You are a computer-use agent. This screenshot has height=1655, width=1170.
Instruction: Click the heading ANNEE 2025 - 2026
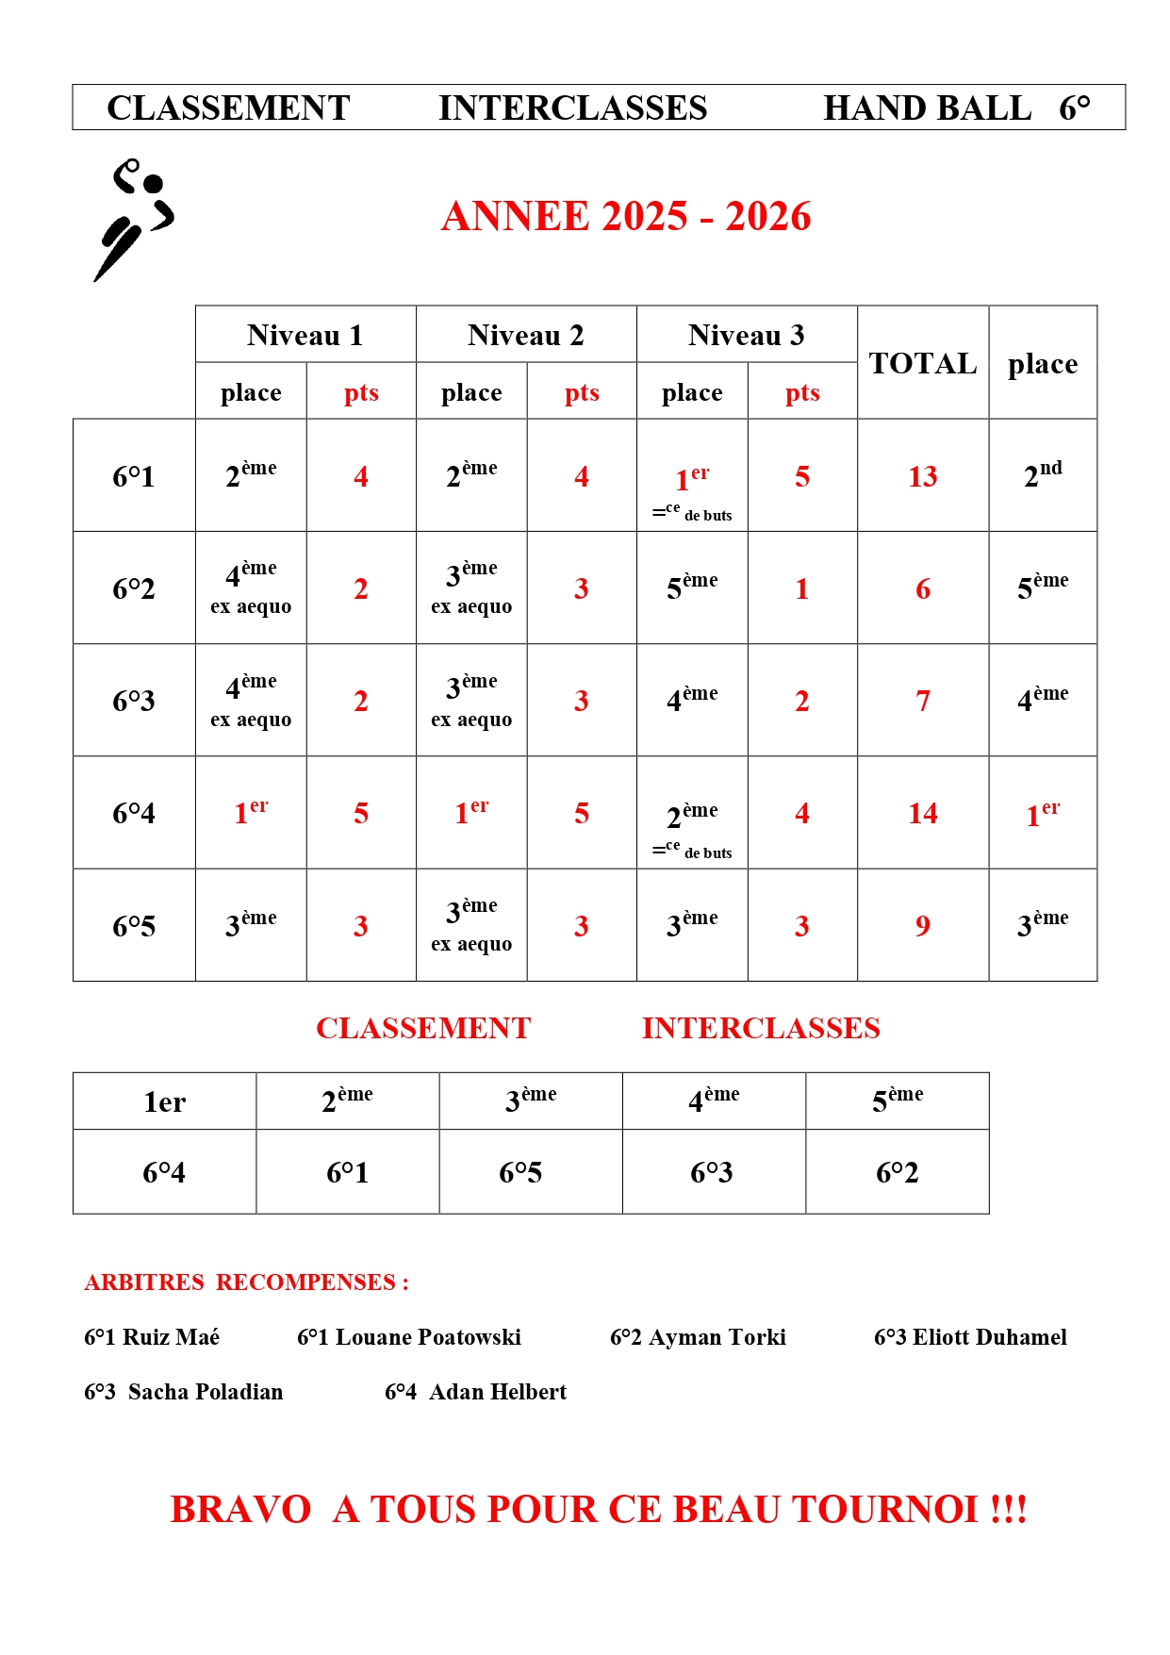point(626,216)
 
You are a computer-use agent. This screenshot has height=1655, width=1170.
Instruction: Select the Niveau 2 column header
point(526,335)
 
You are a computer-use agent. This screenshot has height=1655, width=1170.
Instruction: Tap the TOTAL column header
point(922,363)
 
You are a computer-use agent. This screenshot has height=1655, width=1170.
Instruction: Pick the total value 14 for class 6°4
point(922,813)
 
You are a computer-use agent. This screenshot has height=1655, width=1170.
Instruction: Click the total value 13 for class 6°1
point(922,476)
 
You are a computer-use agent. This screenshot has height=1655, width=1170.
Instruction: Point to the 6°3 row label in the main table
point(133,701)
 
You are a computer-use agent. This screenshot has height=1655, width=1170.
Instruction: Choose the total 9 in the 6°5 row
point(922,926)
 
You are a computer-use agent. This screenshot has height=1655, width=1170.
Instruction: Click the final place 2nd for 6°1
point(1043,474)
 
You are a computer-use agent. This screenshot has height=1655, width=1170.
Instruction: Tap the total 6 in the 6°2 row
point(922,588)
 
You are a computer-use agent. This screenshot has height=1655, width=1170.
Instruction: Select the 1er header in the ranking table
point(164,1101)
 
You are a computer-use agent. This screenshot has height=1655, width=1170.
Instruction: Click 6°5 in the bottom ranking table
point(520,1172)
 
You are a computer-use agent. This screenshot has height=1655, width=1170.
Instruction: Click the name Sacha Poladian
point(205,1392)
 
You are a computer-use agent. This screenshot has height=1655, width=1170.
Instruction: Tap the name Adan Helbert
point(498,1392)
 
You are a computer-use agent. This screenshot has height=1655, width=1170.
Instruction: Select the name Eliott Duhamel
point(989,1337)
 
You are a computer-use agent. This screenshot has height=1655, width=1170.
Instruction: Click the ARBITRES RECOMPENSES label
point(246,1283)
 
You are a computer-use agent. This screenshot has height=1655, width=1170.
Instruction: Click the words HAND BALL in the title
point(927,108)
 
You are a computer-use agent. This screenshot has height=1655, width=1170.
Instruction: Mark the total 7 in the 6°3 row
point(922,701)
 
